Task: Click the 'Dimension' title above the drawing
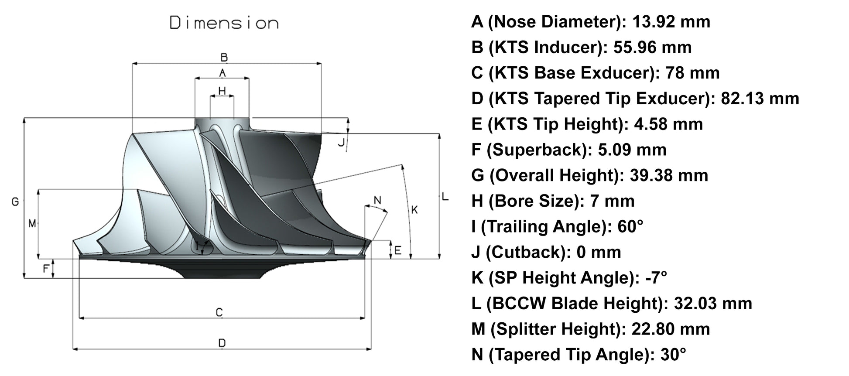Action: click(x=224, y=23)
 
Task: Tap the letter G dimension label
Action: click(x=15, y=202)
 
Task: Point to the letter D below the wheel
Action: click(x=222, y=343)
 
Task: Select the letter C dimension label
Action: click(x=219, y=312)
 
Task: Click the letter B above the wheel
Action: click(x=224, y=57)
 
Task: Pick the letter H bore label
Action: click(x=222, y=91)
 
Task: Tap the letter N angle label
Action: click(x=377, y=200)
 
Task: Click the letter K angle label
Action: click(x=414, y=210)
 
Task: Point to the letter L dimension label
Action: click(x=445, y=197)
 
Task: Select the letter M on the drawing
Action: click(x=32, y=223)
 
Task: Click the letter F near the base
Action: click(x=46, y=268)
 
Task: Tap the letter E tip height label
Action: click(x=397, y=250)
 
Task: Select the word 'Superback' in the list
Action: click(x=536, y=150)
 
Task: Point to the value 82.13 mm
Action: click(x=760, y=98)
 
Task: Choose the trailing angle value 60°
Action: click(x=630, y=226)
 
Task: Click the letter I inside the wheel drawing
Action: click(x=197, y=246)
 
